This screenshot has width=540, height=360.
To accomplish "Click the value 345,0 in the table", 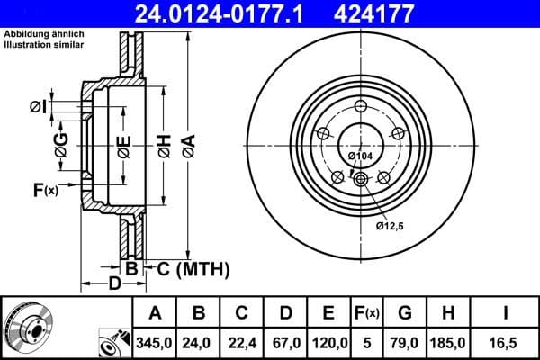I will (155, 342).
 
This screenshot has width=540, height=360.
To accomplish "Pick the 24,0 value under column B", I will (200, 342).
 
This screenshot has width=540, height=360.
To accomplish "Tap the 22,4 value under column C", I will (241, 342).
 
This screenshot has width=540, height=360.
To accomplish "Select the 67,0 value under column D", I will (284, 342).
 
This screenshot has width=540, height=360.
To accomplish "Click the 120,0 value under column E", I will (328, 342).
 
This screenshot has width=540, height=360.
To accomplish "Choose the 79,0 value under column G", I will (405, 342).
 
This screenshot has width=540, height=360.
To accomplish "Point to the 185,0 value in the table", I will (447, 342).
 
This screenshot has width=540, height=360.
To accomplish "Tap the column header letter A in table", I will (155, 314).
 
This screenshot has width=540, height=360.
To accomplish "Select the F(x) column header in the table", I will (367, 314).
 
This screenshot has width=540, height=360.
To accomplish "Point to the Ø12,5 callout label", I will (391, 225).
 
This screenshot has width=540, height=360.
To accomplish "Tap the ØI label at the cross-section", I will (38, 107).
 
